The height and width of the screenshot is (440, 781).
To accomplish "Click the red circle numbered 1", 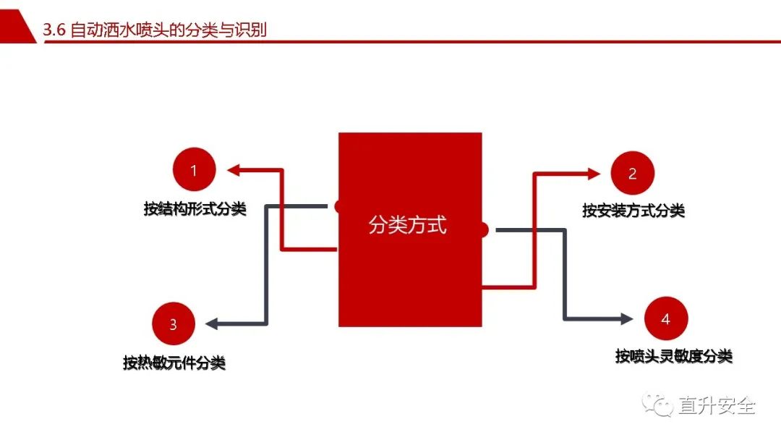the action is coord(195,169).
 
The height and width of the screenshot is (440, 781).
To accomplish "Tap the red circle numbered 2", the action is coord(633,173).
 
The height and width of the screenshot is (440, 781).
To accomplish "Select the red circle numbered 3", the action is coord(174,323).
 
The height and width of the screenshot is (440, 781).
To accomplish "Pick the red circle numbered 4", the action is coord(666,318).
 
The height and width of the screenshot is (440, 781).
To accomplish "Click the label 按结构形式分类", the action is coord(195,208).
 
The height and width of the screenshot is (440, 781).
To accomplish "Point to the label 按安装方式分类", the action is coord(633,211).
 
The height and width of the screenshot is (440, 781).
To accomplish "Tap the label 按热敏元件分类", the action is coord(174,363).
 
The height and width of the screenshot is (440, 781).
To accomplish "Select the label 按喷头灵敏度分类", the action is coord(674,356).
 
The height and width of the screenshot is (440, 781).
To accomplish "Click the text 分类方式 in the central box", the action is coord(407,225).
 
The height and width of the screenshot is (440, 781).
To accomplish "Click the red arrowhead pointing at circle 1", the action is coord(234,170).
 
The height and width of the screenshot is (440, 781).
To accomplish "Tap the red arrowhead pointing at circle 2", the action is coord(594,174).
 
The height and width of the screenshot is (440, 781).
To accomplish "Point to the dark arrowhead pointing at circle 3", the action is coord(212,323).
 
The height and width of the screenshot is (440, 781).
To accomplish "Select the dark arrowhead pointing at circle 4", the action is coord(626,318).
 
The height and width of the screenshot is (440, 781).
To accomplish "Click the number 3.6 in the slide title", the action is coord(54,30).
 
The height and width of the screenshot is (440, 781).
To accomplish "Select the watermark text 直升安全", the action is coord(717,405).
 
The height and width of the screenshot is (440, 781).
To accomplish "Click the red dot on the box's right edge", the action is coord(484,229).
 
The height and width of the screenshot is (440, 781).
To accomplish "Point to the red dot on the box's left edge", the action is coord(337,206).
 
